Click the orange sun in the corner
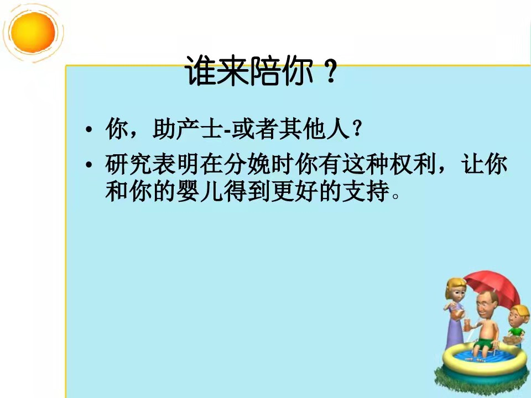pos(33,33)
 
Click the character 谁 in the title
pos(200,71)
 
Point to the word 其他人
pos(314,129)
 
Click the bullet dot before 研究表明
pos(88,165)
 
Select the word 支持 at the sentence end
pos(366,191)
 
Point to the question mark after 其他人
pos(356,129)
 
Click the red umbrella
pos(493,286)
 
